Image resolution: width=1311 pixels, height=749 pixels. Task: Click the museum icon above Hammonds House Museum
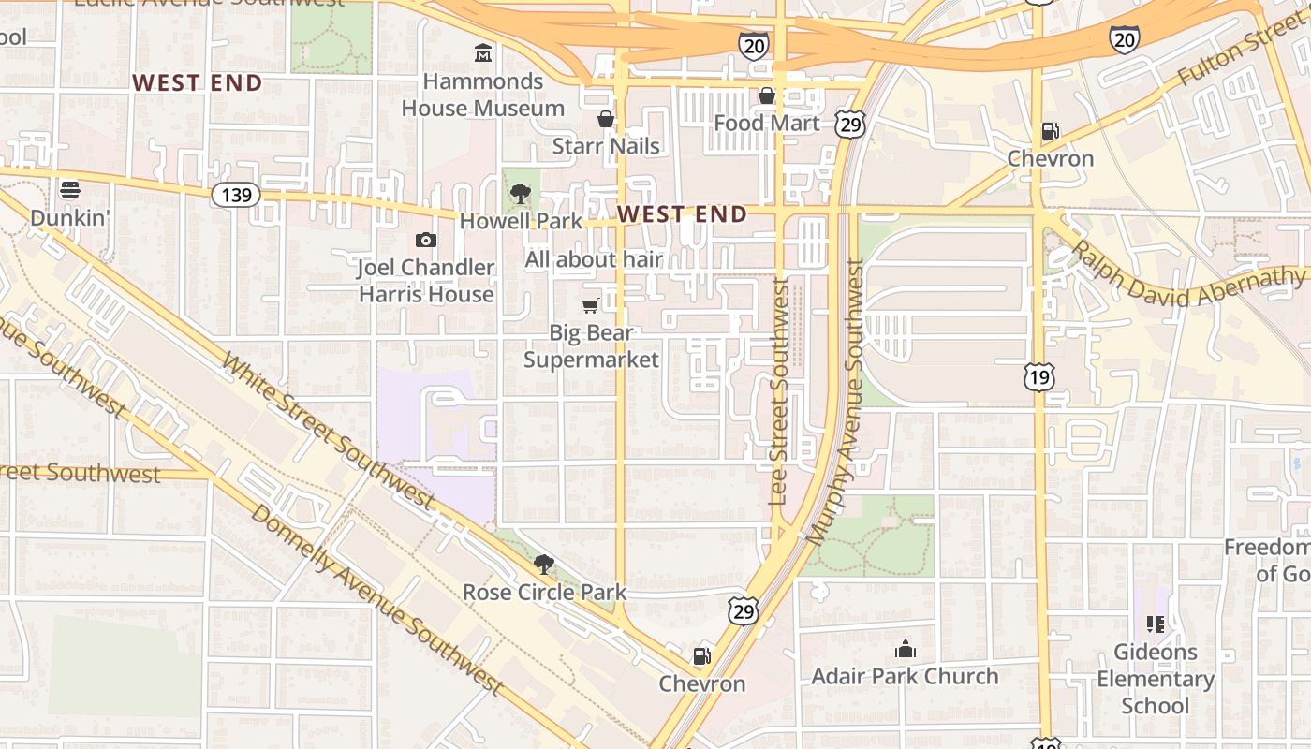(483, 52)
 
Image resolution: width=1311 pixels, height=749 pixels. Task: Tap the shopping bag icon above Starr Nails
(606, 119)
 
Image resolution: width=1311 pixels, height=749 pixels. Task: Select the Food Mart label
(766, 123)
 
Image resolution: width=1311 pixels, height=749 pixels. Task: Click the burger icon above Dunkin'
(70, 190)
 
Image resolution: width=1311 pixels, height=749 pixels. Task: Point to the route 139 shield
(235, 195)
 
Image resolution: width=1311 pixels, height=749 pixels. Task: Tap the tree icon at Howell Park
(521, 194)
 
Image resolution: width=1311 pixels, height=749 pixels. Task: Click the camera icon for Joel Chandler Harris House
(426, 241)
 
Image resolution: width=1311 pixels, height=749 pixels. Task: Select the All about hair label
(594, 259)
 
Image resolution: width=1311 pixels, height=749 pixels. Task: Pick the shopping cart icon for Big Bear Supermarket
(590, 305)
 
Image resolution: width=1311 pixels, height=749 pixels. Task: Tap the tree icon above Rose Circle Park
(543, 564)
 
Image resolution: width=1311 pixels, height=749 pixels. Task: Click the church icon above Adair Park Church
(905, 649)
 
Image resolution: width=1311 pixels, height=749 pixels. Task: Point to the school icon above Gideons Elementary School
(1155, 624)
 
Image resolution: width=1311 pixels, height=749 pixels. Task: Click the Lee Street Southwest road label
(779, 391)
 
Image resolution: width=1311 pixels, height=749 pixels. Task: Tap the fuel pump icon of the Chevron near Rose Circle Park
(701, 656)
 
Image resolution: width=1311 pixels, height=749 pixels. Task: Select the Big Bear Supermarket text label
(591, 346)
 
